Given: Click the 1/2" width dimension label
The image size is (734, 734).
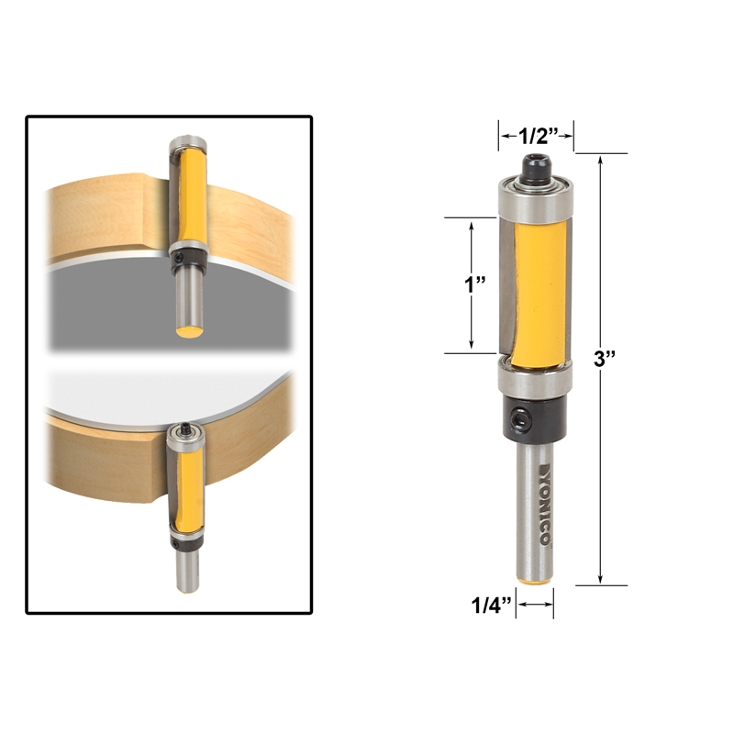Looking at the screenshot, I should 536,136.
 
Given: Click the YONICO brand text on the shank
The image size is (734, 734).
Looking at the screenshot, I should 540,509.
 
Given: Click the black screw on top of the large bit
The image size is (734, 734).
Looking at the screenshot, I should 536,166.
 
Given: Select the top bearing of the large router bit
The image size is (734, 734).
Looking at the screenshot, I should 535,195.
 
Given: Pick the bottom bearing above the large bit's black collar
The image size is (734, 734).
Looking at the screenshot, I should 535,376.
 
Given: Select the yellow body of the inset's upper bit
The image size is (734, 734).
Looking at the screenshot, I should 188,195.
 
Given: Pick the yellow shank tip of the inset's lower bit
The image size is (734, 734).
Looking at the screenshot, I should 189,584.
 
